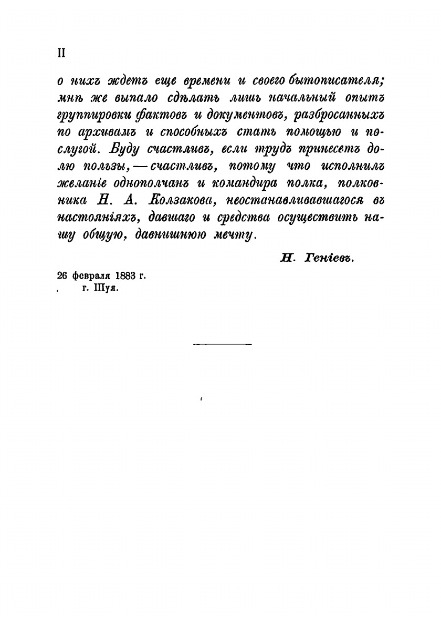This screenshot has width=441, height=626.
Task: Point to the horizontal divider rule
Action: coord(223,344)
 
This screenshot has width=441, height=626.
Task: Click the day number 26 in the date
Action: coord(61,276)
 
